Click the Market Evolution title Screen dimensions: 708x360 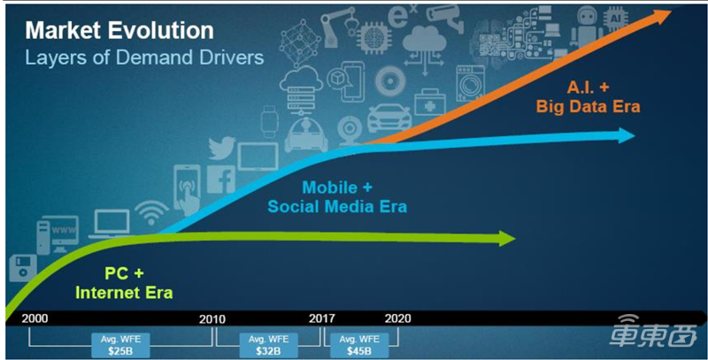[x=119, y=31]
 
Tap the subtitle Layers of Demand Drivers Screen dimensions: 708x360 [x=144, y=57]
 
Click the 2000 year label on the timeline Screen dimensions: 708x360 [x=35, y=318]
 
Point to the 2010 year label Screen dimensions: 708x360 [x=212, y=319]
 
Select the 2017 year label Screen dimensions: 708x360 [x=322, y=318]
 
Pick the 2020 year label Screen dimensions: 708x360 [x=397, y=318]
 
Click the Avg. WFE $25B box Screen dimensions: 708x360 [x=120, y=345]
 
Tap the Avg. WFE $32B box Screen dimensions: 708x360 [x=268, y=345]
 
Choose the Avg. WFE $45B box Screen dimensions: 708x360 [x=359, y=345]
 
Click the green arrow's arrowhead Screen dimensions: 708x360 [x=506, y=238]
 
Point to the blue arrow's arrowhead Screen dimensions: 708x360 [x=627, y=135]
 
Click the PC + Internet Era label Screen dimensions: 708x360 [x=124, y=283]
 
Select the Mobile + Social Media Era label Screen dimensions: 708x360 [x=337, y=196]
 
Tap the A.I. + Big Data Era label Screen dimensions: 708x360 [x=588, y=96]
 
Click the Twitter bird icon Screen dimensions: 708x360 [x=222, y=149]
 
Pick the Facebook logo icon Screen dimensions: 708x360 [x=221, y=180]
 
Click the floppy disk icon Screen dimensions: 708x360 [x=23, y=268]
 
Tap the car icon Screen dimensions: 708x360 [x=389, y=119]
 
